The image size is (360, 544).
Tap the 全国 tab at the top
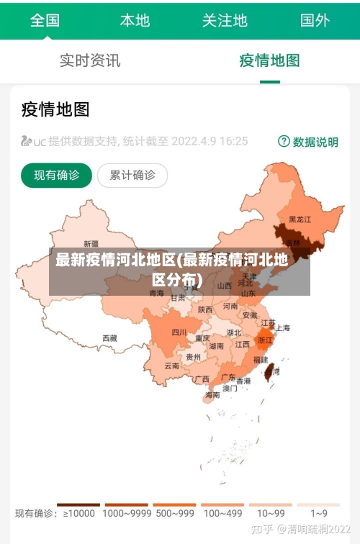(45, 19)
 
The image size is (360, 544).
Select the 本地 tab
(135, 19)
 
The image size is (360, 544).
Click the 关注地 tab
(225, 19)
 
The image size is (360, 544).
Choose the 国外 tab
(315, 19)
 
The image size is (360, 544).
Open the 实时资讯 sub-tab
(90, 60)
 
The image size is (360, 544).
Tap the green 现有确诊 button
(56, 175)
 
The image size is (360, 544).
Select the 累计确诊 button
(132, 175)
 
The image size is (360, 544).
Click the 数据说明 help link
(308, 142)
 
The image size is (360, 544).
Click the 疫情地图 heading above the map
(55, 109)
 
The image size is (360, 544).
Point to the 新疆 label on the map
(91, 243)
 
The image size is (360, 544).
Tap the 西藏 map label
(109, 337)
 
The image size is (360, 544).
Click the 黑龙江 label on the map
(300, 219)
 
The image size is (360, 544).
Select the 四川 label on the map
(179, 332)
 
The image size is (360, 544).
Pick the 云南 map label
(171, 366)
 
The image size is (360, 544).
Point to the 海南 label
(212, 395)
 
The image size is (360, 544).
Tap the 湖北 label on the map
(234, 333)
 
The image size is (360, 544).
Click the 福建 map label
(261, 358)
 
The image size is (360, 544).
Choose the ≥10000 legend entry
(78, 513)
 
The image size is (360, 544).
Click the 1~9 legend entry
(318, 513)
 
